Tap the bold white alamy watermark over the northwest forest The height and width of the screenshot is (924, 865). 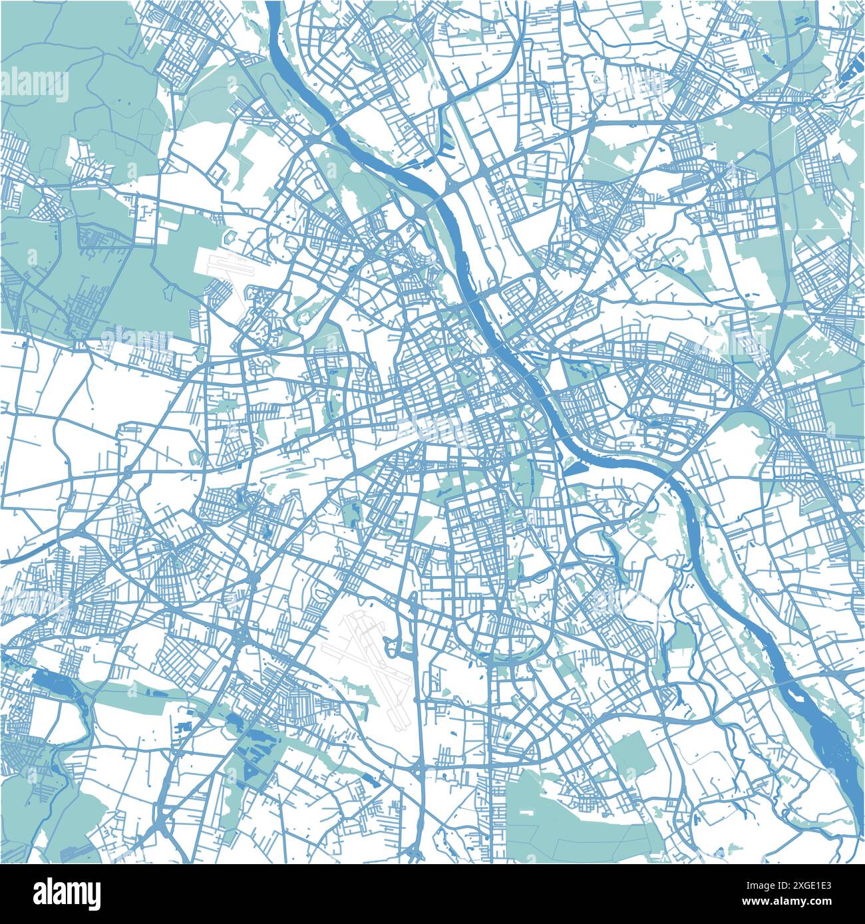point(35,85)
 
